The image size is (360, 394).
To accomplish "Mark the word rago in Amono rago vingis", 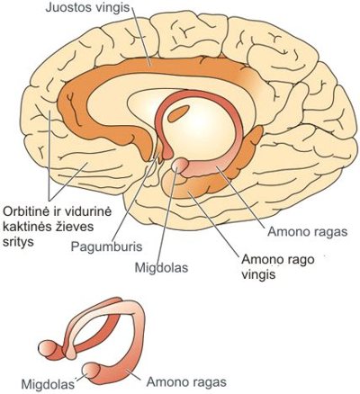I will (292, 260).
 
